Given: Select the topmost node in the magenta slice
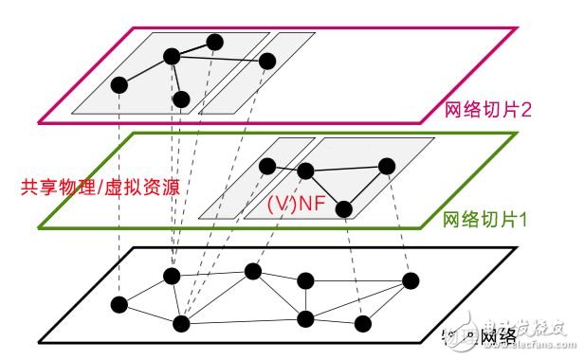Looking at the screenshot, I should pyautogui.click(x=215, y=42).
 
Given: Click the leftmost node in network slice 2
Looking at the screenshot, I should pyautogui.click(x=119, y=85).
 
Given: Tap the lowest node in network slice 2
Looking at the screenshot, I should pyautogui.click(x=182, y=99).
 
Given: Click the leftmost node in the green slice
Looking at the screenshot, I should pyautogui.click(x=268, y=166).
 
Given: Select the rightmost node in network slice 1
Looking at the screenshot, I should pyautogui.click(x=386, y=166).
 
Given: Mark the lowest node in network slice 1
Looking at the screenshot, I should pyautogui.click(x=345, y=209).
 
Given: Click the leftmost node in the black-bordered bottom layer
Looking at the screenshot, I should pyautogui.click(x=119, y=305).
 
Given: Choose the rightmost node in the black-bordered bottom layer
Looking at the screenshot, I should pyautogui.click(x=411, y=280).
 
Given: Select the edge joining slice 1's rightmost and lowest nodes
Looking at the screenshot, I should pyautogui.click(x=366, y=188).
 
